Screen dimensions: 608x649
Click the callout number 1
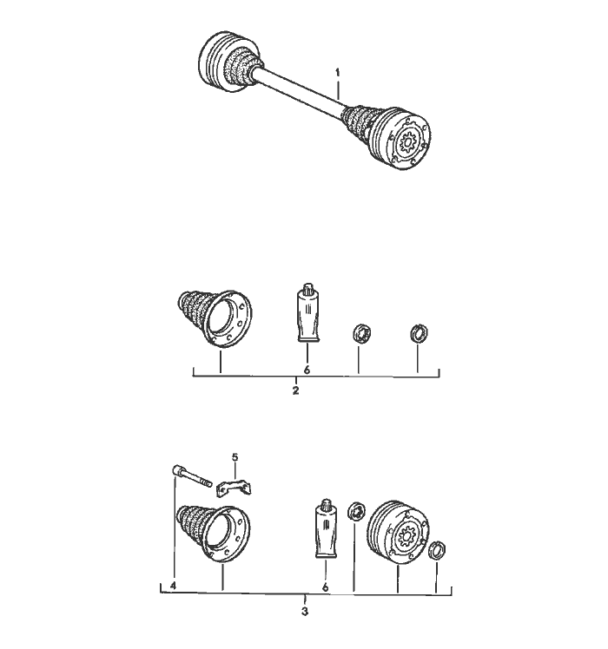(337, 73)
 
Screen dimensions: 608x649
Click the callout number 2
(295, 390)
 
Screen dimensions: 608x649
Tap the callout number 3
(305, 612)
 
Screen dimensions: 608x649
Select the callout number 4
(173, 586)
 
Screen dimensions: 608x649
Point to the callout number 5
(235, 457)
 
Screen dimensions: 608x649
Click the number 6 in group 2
(307, 370)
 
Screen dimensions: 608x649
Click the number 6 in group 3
(325, 587)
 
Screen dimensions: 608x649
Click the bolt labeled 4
(191, 476)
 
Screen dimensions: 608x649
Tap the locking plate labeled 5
(235, 487)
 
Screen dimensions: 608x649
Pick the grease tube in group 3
(327, 528)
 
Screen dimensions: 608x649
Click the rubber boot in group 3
(214, 534)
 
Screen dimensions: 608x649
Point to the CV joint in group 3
(399, 533)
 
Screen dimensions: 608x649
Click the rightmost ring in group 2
(419, 333)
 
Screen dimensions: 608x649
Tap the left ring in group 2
(361, 333)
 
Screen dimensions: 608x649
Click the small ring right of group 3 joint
(437, 549)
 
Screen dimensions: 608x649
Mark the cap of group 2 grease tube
(308, 288)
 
